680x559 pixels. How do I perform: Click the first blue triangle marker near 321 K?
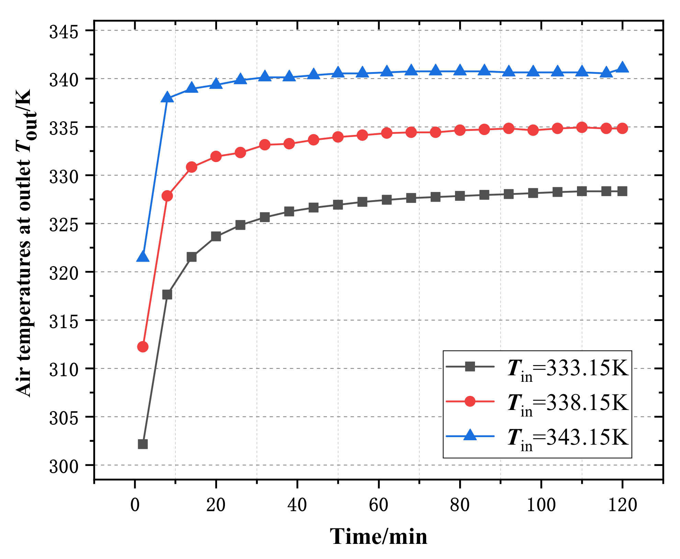(143, 257)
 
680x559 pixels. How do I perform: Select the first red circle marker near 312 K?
(143, 347)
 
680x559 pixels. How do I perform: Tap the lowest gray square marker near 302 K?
(143, 444)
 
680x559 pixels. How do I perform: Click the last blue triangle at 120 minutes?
(622, 68)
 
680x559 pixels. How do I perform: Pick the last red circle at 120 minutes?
(622, 128)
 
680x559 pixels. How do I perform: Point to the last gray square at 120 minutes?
(622, 191)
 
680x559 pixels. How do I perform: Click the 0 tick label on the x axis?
(135, 505)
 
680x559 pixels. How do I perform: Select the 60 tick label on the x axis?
(378, 505)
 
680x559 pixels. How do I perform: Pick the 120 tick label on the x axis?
(622, 505)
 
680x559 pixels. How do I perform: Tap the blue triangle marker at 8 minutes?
(167, 98)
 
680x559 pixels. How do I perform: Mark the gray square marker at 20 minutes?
(216, 236)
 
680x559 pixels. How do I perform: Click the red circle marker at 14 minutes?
(192, 167)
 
